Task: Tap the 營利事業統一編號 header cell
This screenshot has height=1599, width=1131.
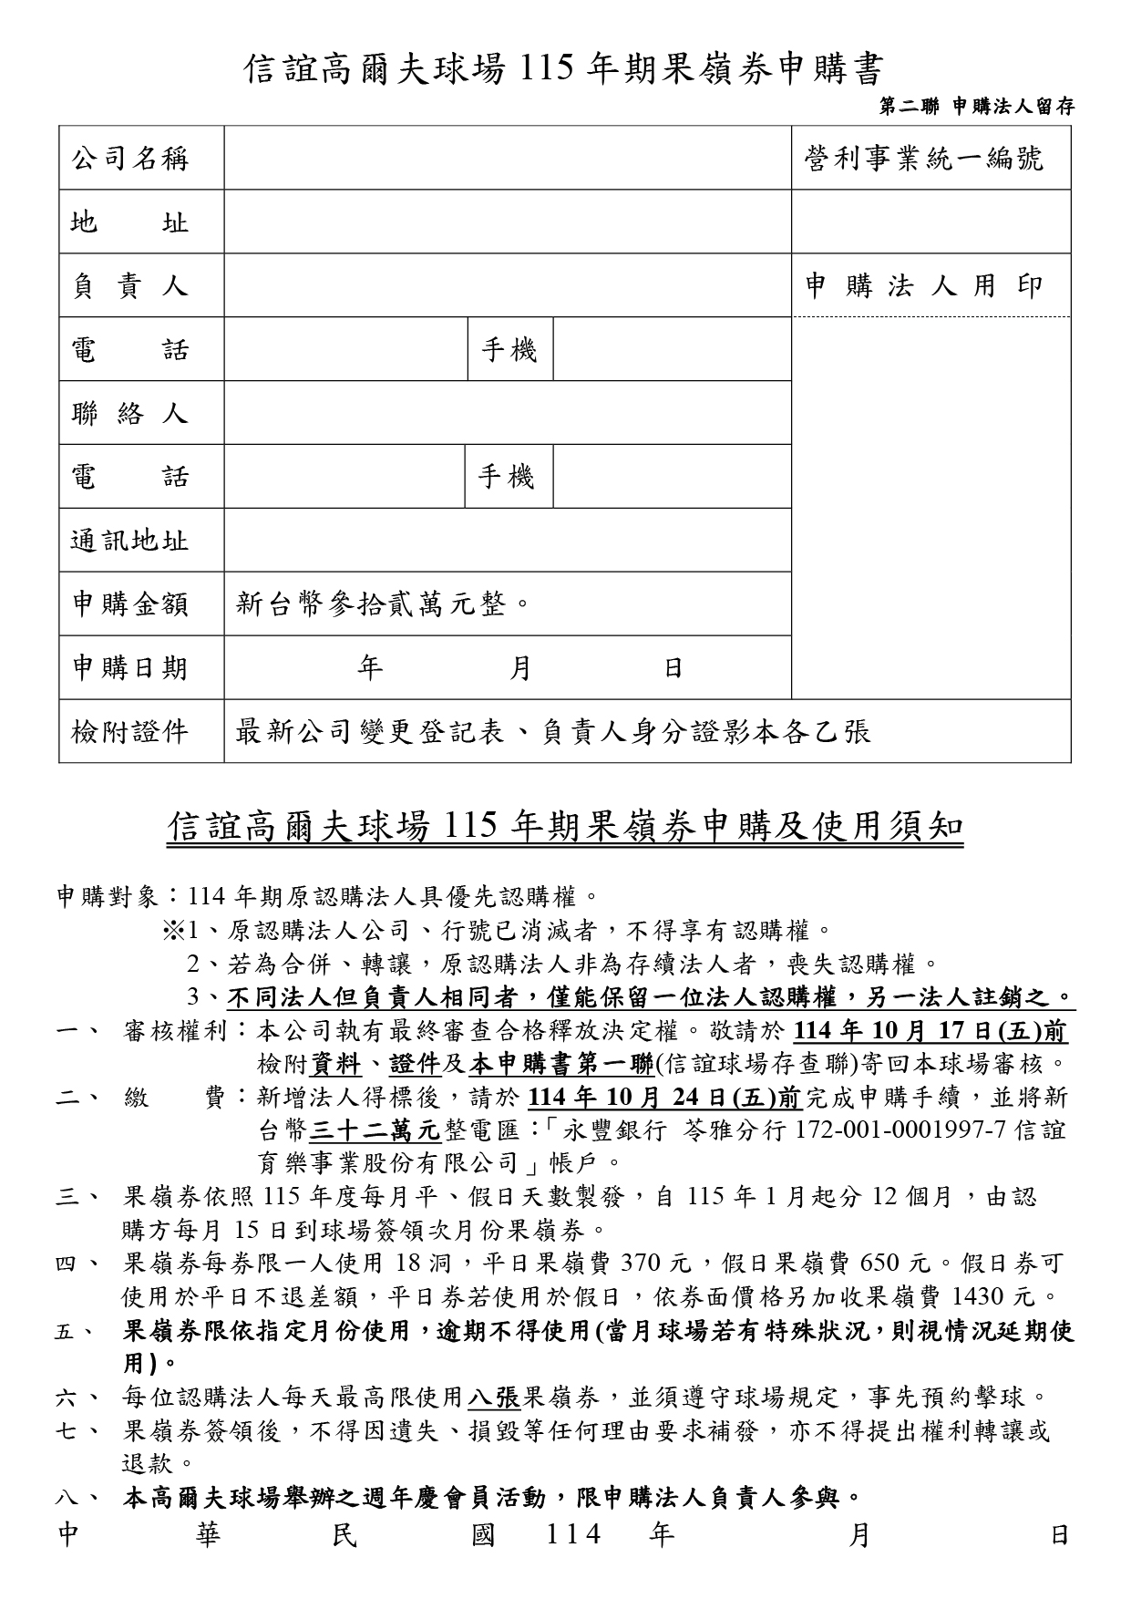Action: pos(923,159)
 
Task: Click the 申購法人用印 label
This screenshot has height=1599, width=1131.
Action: pos(923,286)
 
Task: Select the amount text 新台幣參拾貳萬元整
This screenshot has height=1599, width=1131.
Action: pos(383,603)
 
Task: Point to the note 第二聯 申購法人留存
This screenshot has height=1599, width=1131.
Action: pos(976,107)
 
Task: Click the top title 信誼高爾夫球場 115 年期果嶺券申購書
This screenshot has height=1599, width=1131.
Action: pos(565,68)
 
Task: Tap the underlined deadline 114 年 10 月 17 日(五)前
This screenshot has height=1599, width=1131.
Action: pos(931,1031)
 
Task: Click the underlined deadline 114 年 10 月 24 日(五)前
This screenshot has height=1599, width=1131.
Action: pos(664,1097)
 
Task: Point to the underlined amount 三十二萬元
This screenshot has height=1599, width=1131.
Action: pos(375,1130)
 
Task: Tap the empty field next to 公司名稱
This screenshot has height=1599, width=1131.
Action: pos(507,159)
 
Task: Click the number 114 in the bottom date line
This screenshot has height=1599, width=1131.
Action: pos(573,1536)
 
